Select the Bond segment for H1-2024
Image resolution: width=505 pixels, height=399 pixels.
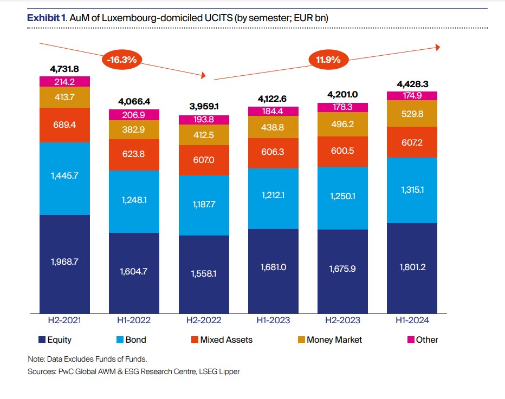[x=412, y=189]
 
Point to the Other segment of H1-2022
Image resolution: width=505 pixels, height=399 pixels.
[x=134, y=115]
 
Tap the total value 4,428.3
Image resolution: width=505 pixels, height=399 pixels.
[x=412, y=84]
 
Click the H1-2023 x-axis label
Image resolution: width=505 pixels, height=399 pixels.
[x=273, y=320]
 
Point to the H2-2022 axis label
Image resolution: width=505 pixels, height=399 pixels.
[x=203, y=320]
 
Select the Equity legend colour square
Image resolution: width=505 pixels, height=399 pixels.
[x=42, y=340]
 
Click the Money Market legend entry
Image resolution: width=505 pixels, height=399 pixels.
[x=334, y=340]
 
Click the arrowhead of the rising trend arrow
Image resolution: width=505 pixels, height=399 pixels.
[x=437, y=47]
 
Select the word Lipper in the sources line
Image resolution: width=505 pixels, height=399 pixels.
[x=229, y=372]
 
